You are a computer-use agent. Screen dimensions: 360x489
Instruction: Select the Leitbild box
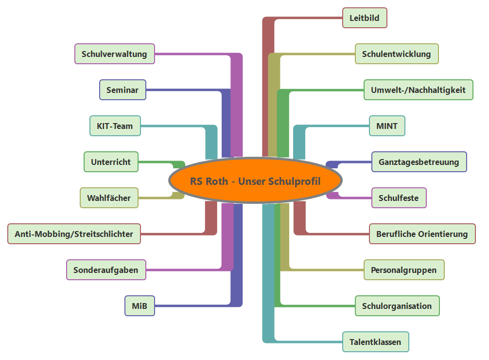(365, 18)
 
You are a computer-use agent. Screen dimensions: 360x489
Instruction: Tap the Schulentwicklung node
(397, 54)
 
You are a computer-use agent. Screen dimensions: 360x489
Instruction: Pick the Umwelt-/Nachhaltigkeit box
(418, 90)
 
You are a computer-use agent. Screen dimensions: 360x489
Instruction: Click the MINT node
(387, 126)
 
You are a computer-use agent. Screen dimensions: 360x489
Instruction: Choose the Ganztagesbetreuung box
(419, 162)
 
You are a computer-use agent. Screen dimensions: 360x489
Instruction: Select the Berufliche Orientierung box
(422, 234)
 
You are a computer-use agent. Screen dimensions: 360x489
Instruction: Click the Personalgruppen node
(404, 270)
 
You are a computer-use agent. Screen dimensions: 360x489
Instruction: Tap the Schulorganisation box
(397, 306)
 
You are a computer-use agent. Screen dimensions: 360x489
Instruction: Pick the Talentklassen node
(375, 342)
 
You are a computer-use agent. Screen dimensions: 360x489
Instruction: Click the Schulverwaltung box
(114, 54)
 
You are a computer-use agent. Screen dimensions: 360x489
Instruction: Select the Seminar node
(122, 90)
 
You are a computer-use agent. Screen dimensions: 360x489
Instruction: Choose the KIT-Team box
(115, 126)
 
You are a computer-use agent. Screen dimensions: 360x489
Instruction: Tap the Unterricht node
(111, 162)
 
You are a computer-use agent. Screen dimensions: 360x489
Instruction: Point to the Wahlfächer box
(109, 198)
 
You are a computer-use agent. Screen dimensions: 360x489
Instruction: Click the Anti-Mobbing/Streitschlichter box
(74, 234)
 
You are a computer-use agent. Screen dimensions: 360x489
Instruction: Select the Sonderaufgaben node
(105, 270)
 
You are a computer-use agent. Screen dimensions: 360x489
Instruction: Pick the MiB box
(140, 306)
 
